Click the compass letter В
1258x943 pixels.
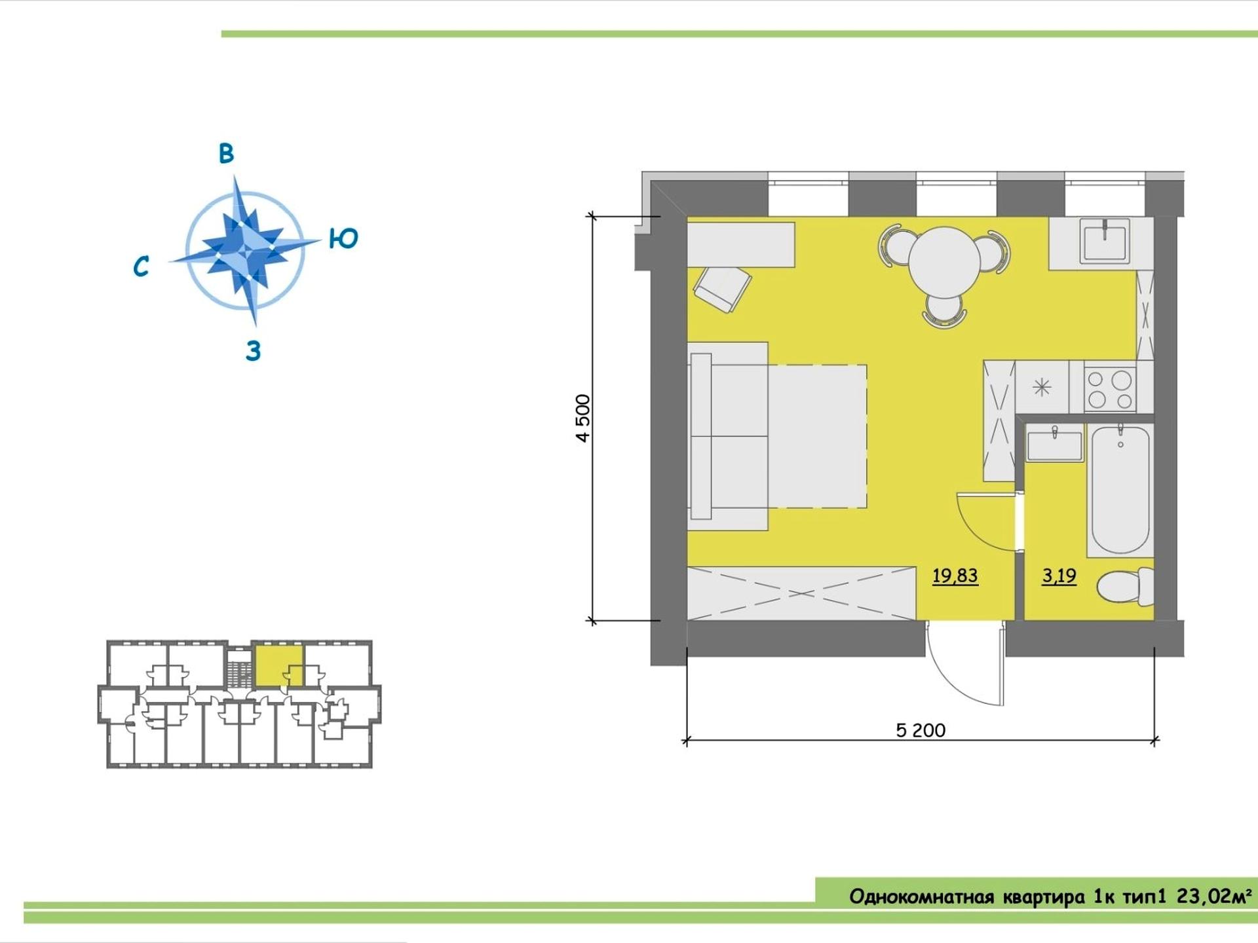click(226, 153)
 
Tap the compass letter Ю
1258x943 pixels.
click(343, 238)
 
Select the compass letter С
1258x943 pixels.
click(141, 267)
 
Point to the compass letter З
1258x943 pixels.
click(254, 351)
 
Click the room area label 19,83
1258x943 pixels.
click(955, 576)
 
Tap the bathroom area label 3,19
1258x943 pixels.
click(1059, 576)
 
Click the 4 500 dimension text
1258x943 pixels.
click(582, 418)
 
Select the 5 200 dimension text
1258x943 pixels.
click(921, 730)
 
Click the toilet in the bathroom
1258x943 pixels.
click(1125, 586)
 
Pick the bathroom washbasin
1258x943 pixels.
click(1054, 443)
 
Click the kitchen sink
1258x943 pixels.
click(1105, 241)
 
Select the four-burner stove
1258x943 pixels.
click(1109, 389)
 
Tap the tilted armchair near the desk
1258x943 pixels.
click(722, 289)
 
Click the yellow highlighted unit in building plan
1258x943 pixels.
click(279, 665)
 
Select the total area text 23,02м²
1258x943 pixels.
click(1214, 896)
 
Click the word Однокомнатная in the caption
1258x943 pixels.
click(922, 897)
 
